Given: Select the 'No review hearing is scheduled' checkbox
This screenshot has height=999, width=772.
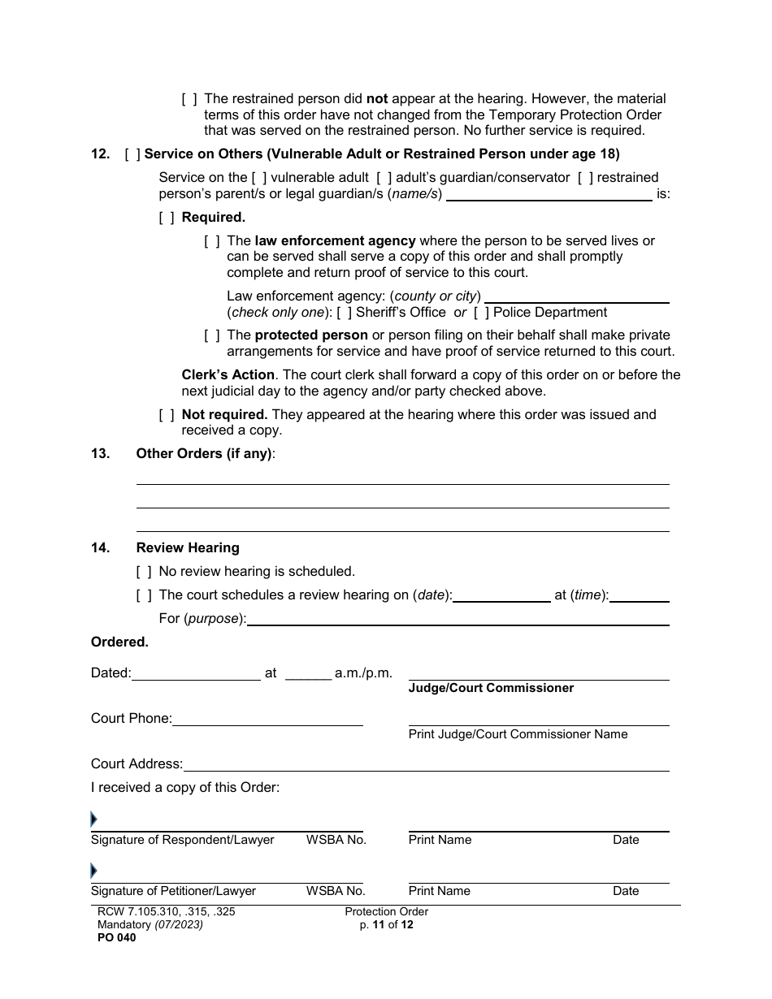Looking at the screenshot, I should pyautogui.click(x=144, y=572).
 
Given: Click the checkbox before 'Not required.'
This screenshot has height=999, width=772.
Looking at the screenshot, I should pyautogui.click(x=167, y=415).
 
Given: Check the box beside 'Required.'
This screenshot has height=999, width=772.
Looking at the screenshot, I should pyautogui.click(x=167, y=218).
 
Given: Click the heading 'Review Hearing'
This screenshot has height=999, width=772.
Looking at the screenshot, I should pyautogui.click(x=188, y=548).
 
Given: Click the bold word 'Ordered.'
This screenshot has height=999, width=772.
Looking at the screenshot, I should pyautogui.click(x=119, y=642).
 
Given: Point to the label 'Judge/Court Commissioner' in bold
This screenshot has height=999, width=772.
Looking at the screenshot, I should pyautogui.click(x=491, y=688).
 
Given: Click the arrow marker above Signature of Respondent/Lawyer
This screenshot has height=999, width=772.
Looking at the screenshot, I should pyautogui.click(x=94, y=820).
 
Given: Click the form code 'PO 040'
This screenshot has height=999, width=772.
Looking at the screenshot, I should pyautogui.click(x=113, y=937).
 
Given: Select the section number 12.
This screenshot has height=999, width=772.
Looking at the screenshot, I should pyautogui.click(x=100, y=154).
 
